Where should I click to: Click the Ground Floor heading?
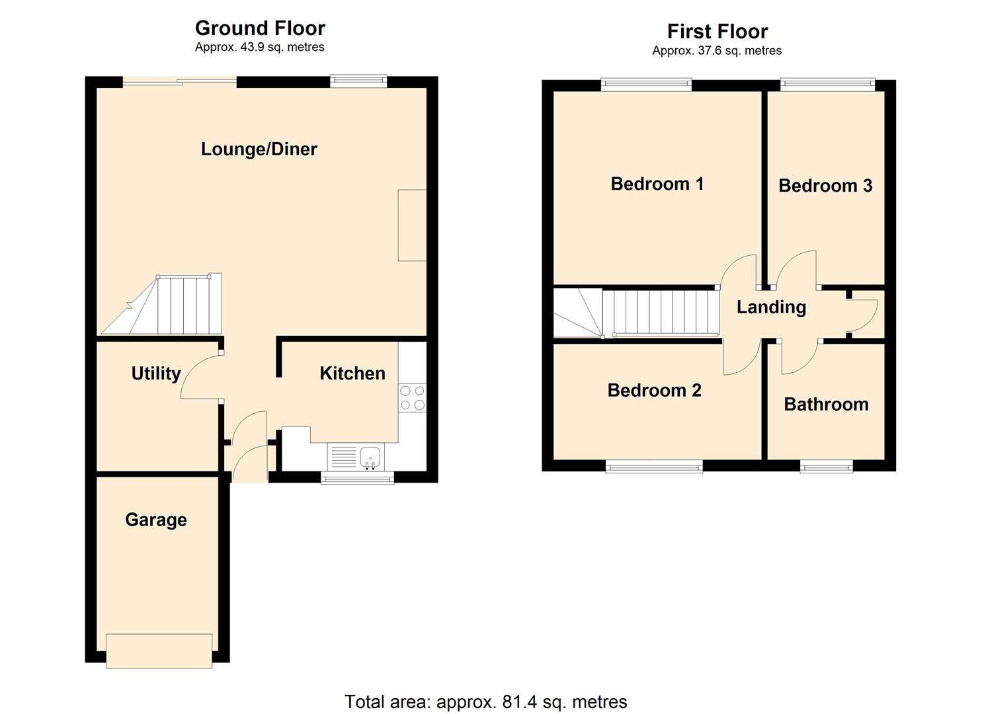[260, 28]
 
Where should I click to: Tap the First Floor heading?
[717, 32]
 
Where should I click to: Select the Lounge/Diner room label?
[259, 149]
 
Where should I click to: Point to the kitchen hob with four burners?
[413, 398]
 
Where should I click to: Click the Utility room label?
[156, 374]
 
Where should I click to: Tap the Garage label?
[156, 520]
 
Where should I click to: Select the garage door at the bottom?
[159, 651]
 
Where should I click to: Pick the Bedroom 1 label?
[657, 184]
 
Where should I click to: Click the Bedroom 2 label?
[654, 391]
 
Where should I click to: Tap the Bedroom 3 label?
[825, 186]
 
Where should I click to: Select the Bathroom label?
[826, 405]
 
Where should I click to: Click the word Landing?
[771, 307]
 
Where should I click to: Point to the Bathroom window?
[826, 467]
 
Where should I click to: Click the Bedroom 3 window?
[827, 84]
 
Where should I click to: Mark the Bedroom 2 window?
[654, 467]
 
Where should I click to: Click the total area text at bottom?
[485, 701]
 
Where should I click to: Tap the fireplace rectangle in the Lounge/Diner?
[412, 225]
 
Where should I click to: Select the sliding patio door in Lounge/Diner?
[179, 82]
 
